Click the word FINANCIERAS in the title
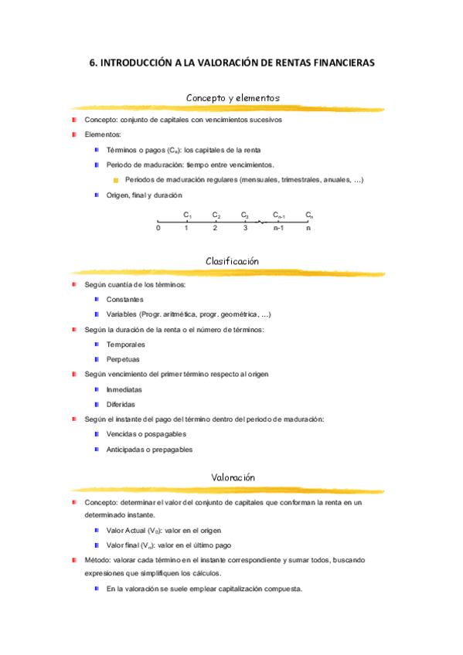(x=339, y=63)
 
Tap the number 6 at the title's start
(x=92, y=63)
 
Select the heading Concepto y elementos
(x=233, y=97)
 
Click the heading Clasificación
(x=232, y=261)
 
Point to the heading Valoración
(x=233, y=477)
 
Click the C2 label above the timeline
(x=216, y=216)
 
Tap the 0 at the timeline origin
(x=158, y=229)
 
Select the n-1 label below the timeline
(x=278, y=229)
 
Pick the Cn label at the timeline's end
(x=309, y=216)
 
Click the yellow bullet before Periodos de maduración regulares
(x=116, y=180)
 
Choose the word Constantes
(x=124, y=300)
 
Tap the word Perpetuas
(x=124, y=359)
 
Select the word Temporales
(x=125, y=344)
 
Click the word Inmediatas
(x=124, y=389)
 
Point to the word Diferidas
(x=121, y=404)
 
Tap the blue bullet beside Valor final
(x=97, y=545)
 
